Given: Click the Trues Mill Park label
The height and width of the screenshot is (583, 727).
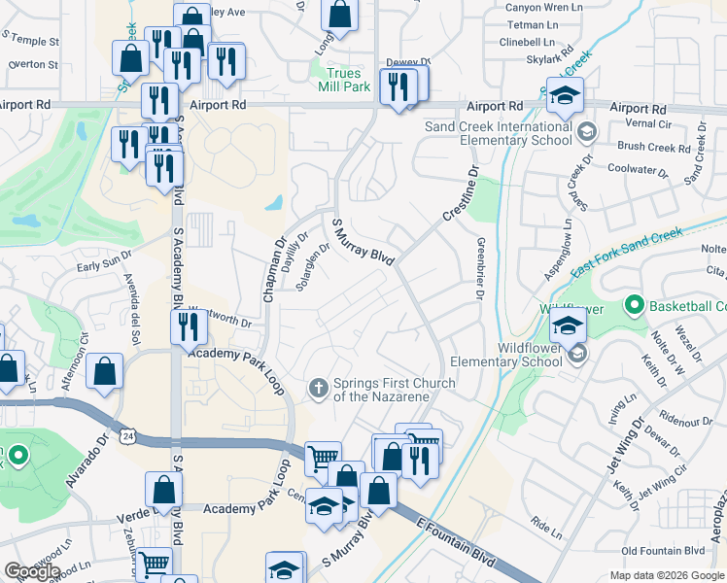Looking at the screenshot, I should tap(343, 80).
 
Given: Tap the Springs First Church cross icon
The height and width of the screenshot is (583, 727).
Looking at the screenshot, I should tap(318, 389).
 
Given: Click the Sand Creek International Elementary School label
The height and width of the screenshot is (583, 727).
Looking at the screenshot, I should tap(499, 133).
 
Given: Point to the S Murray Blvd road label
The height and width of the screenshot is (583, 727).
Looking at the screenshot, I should tap(363, 242).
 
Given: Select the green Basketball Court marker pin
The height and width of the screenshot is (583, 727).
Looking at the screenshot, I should tap(635, 306).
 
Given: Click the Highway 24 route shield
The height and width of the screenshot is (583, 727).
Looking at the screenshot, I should tap(128, 436).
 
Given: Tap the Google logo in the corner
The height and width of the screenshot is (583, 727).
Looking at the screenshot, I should tap(32, 570).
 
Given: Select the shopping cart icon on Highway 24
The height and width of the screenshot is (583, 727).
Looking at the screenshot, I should tap(323, 458).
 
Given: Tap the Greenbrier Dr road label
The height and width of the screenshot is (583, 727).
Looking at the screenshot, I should tap(480, 267).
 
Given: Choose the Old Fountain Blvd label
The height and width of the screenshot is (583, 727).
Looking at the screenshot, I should tap(664, 551).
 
